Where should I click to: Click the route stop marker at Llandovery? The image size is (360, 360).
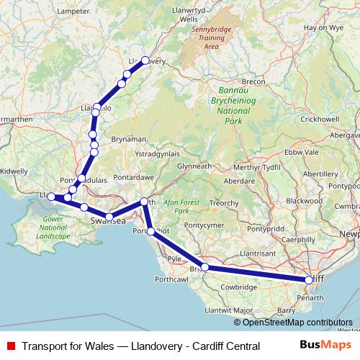coord(145,60)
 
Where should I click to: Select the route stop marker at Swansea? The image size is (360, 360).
coord(109,216)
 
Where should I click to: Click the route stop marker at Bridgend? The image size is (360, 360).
coord(204,267)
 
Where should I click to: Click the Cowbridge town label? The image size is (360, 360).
coord(238,287)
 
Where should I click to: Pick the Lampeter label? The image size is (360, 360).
coord(76,12)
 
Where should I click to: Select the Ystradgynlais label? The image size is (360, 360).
coord(156,153)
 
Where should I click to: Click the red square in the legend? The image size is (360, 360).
coord(9,346)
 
